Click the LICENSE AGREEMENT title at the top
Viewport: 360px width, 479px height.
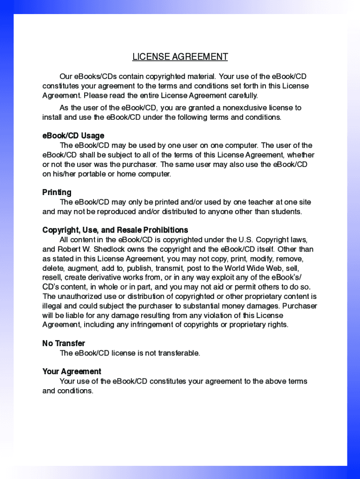click(x=180, y=57)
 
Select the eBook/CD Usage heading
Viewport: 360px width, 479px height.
click(x=73, y=136)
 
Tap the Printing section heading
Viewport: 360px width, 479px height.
click(x=57, y=192)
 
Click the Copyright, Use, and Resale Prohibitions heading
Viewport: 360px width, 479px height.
click(x=115, y=230)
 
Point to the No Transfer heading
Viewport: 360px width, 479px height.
click(x=64, y=343)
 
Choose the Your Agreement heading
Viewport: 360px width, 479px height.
click(x=72, y=371)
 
